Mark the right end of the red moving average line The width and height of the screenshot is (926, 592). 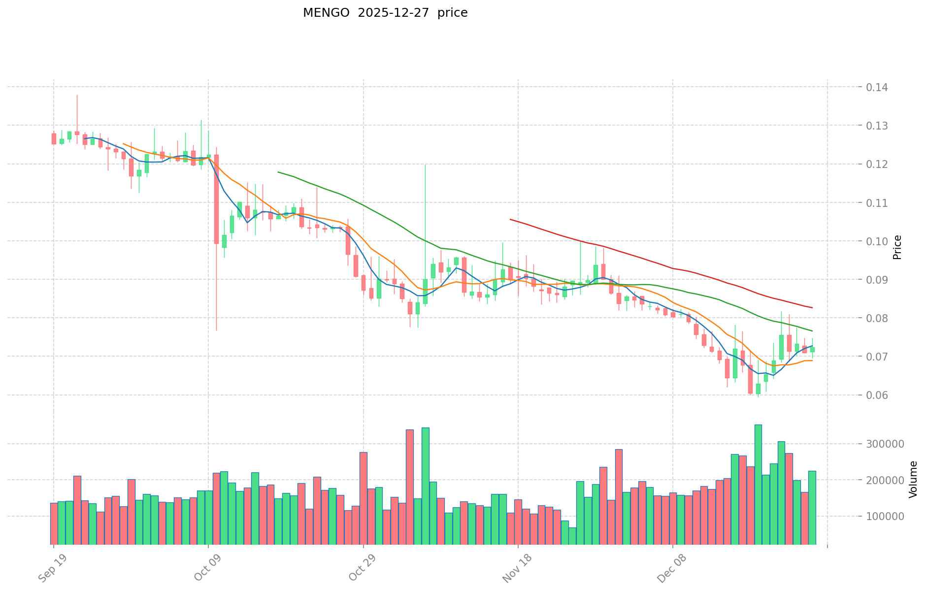(x=812, y=308)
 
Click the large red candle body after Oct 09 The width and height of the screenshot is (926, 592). (x=216, y=199)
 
